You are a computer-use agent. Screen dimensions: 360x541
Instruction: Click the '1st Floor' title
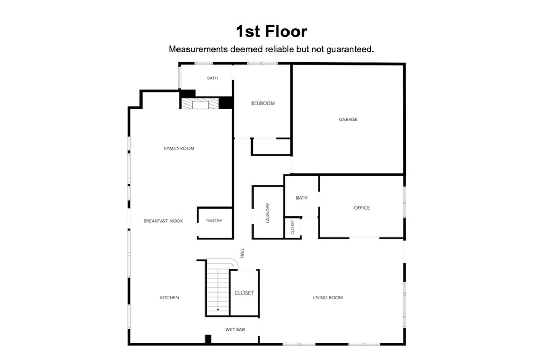click(271, 31)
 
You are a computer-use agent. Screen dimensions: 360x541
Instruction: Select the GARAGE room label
click(348, 119)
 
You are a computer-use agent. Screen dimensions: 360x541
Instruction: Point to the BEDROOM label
click(263, 103)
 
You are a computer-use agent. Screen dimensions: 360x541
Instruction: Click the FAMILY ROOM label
click(179, 148)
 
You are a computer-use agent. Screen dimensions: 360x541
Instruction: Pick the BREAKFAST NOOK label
click(163, 221)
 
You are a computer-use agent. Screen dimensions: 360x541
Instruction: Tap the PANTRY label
click(214, 221)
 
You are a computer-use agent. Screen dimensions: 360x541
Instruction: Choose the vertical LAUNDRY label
click(268, 212)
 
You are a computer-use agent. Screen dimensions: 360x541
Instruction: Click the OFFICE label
click(362, 207)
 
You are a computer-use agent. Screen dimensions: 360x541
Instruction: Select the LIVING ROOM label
click(328, 298)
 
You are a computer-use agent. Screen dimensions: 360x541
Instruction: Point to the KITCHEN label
click(170, 298)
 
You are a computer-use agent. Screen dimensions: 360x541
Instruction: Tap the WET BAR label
click(235, 330)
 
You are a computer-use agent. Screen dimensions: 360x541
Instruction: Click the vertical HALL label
click(242, 253)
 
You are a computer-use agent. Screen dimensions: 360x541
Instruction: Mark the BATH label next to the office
click(302, 198)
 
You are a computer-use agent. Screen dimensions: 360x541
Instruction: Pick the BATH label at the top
click(212, 78)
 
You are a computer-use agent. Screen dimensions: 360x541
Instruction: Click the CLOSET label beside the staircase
click(244, 293)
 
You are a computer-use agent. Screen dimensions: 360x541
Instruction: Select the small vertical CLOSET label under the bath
click(293, 228)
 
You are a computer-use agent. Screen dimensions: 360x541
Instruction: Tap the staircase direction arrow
click(218, 309)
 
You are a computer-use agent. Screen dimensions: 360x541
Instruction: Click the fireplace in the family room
click(200, 103)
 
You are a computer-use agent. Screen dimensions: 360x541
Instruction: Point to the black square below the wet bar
click(208, 339)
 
